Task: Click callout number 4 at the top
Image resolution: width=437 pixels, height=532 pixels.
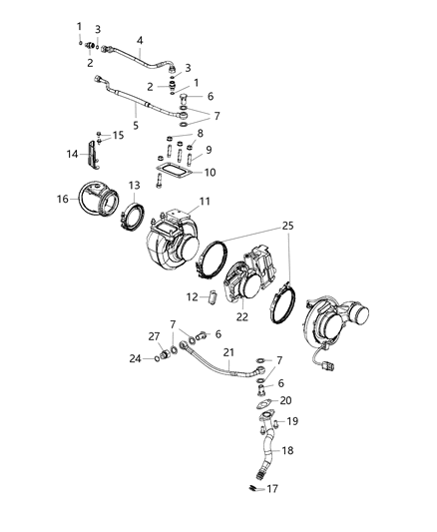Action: pos(140,41)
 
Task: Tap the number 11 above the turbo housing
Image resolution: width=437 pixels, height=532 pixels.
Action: pos(205,203)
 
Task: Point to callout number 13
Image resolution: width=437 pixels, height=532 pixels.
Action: pos(134,185)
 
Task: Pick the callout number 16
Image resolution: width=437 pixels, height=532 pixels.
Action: pos(64,200)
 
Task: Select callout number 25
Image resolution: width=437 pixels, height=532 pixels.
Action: pos(288,228)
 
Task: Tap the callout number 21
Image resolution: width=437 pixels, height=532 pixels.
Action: pos(227,352)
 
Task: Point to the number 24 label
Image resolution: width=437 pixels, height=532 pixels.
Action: pos(136,357)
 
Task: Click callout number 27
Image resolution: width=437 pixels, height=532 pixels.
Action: pos(153,336)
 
